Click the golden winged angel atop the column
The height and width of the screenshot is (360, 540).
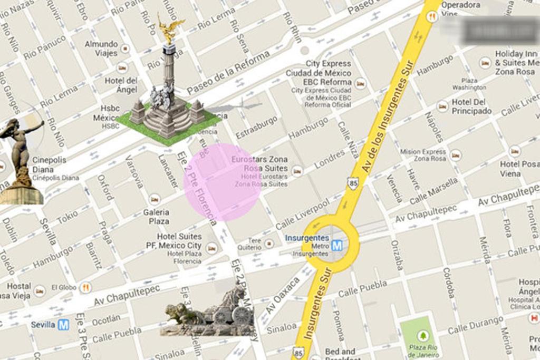[170, 30]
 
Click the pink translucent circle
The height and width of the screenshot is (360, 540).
[222, 182]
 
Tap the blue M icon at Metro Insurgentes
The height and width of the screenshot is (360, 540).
[337, 245]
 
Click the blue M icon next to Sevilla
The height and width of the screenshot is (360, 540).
[64, 325]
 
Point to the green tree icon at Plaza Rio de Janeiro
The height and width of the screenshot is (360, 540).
[422, 336]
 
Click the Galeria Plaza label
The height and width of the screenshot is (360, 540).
[156, 217]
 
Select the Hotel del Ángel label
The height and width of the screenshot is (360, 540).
[121, 85]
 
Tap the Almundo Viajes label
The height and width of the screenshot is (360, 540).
[101, 48]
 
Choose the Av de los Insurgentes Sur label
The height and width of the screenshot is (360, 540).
[386, 127]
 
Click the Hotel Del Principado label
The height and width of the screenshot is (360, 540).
[471, 106]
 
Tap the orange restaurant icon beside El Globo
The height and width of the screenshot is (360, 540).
[85, 288]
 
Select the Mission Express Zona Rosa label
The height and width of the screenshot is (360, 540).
[422, 155]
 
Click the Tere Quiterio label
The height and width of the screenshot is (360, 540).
[249, 244]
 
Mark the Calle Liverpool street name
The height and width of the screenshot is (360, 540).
[303, 215]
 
